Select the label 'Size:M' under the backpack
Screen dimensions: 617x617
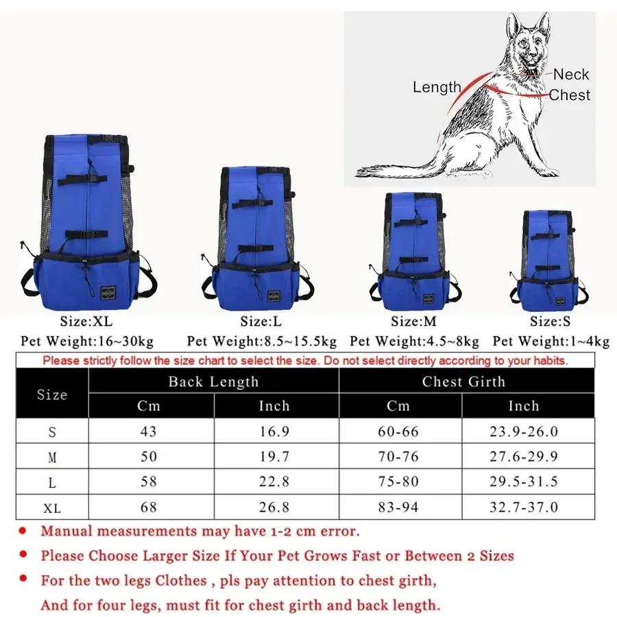413,321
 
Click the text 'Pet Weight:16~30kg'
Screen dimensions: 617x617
87,341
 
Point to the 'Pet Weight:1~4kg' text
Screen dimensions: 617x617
551,341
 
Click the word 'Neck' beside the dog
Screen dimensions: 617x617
571,75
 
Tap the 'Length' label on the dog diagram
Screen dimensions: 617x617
437,87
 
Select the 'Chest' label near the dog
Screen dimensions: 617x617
569,95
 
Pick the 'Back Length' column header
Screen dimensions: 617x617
213,382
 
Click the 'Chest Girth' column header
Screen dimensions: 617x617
463,382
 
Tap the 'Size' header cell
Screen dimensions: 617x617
52,394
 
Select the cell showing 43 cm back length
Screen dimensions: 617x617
149,431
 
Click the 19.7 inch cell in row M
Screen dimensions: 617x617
274,457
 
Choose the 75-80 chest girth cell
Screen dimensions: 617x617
398,482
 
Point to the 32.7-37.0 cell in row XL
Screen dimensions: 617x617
524,507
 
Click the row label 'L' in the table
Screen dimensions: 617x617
52,483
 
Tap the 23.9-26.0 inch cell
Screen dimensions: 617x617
524,431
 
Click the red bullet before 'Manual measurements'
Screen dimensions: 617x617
23,531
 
